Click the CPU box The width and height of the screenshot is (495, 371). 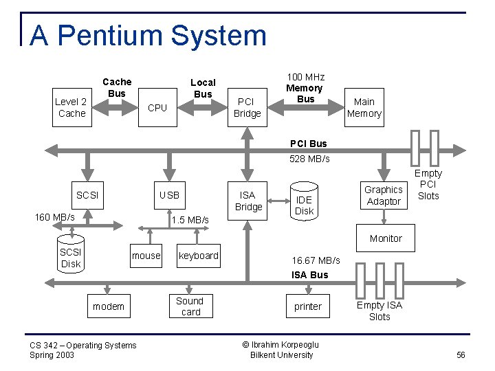coord(157,108)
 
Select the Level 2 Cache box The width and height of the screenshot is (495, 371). coord(71,108)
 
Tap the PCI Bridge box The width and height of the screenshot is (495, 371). coord(247,108)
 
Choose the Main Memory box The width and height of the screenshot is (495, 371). coord(364,108)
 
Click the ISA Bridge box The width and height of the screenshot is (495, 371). coord(248,201)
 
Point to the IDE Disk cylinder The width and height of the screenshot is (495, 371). coord(304,200)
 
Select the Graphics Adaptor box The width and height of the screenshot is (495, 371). coord(383,195)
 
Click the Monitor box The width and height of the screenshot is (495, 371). coord(386,238)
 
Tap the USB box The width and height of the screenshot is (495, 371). coord(169,195)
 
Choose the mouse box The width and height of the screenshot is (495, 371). coord(146,256)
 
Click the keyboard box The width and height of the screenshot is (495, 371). coord(198,256)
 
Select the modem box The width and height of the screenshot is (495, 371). coord(109,306)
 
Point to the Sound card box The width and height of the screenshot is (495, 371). coord(190,306)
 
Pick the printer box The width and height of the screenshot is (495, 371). coord(307,306)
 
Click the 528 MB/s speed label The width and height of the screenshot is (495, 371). coord(309,159)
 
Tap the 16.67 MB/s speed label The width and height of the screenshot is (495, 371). coord(316,260)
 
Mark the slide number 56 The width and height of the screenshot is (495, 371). coord(461,355)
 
